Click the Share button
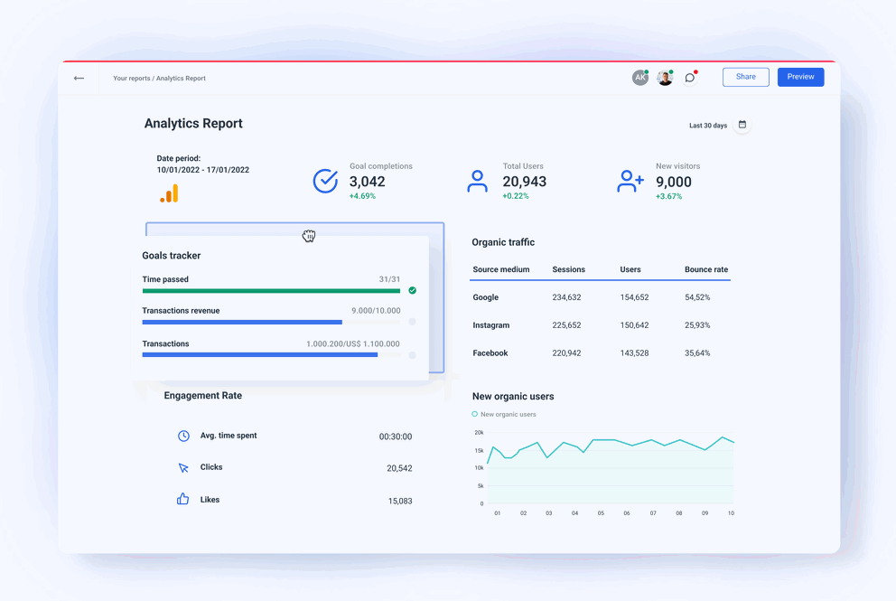745,77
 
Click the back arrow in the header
79,79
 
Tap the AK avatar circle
639,78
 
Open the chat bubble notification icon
690,78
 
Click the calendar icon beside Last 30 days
742,125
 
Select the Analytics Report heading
193,124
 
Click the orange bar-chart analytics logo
169,193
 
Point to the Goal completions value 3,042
367,182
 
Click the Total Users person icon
477,181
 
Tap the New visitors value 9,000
674,182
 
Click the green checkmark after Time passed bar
412,291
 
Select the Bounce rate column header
705,269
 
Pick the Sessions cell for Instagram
566,325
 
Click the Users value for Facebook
634,353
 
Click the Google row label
485,297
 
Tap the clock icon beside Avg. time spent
183,436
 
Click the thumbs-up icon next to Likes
183,499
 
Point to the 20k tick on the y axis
479,433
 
